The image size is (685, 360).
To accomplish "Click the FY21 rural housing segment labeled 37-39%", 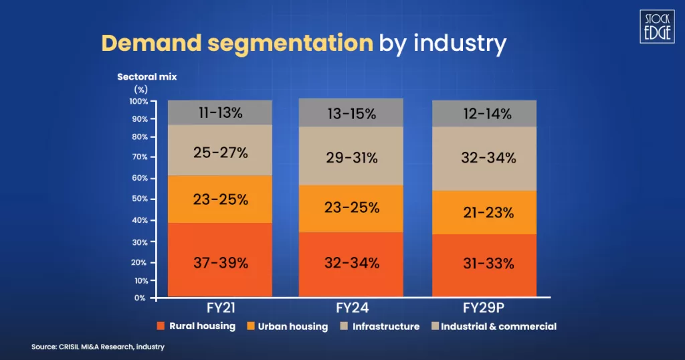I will tap(219, 261).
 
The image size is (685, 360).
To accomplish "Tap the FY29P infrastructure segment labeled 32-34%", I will tap(484, 158).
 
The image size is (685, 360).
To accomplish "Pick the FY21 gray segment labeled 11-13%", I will tap(219, 113).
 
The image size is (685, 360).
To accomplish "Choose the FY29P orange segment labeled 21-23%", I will tap(484, 213).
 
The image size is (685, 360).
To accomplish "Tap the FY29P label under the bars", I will tap(484, 308).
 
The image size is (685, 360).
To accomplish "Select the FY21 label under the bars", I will tap(219, 308).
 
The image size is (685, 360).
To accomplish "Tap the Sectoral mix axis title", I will tap(146, 77).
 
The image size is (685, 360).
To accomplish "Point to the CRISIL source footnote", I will tap(98, 347).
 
